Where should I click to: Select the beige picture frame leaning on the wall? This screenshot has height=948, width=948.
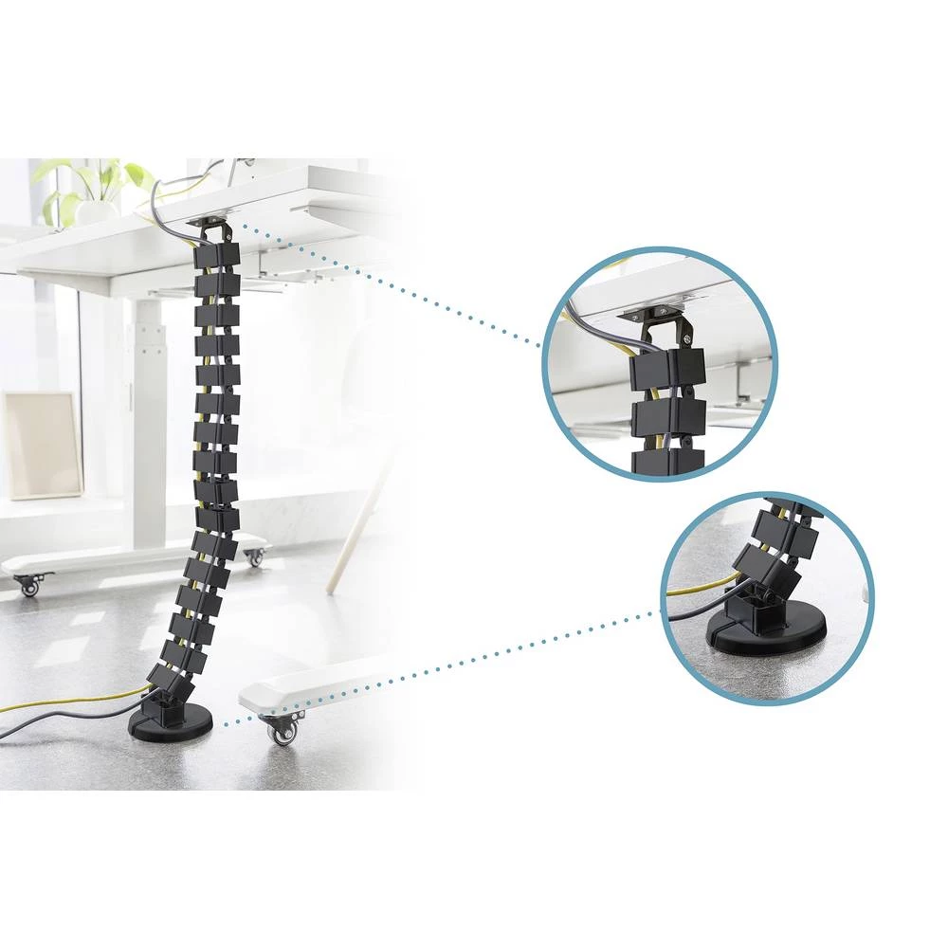pyautogui.click(x=42, y=445)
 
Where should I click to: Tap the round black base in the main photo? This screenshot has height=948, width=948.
pyautogui.click(x=171, y=725)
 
